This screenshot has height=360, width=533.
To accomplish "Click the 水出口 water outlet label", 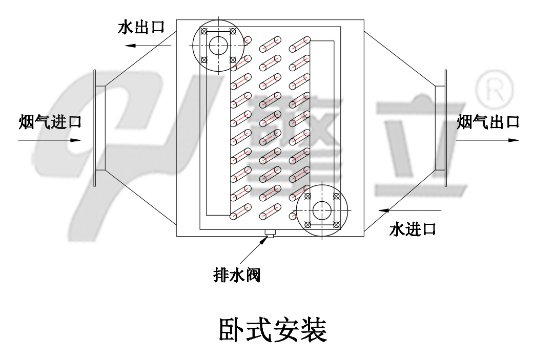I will [x=140, y=27].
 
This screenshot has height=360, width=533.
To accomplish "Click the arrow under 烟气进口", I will [x=49, y=140].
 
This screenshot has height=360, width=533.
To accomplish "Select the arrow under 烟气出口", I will [x=487, y=139].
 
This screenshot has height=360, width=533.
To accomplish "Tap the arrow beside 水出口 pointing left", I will [x=146, y=46].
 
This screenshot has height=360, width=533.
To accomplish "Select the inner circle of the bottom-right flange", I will [x=322, y=210].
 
